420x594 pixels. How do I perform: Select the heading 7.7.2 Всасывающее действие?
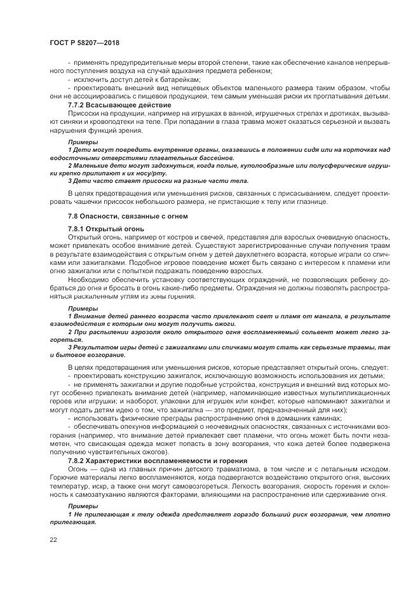click(x=119, y=104)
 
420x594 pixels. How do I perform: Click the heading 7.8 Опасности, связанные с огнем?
click(x=127, y=217)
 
